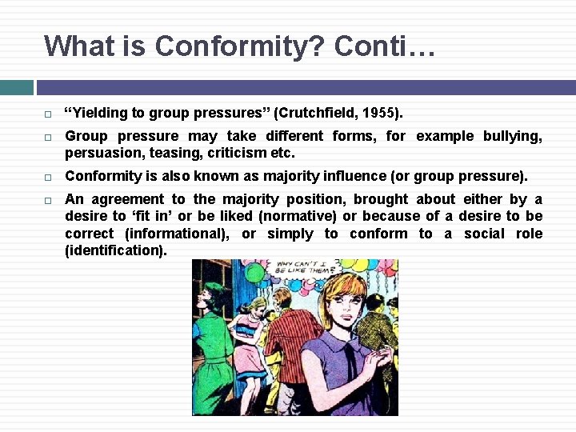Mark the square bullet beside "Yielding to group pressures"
48,113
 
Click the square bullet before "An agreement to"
48,199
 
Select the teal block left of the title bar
16,87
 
